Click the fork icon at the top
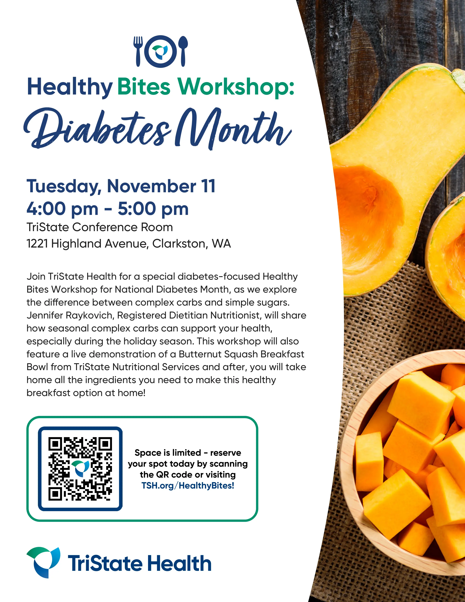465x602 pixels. pos(138,51)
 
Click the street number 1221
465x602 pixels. pos(37,244)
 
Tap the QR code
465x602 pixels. pos(80,469)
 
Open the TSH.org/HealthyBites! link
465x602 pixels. pos(188,485)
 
